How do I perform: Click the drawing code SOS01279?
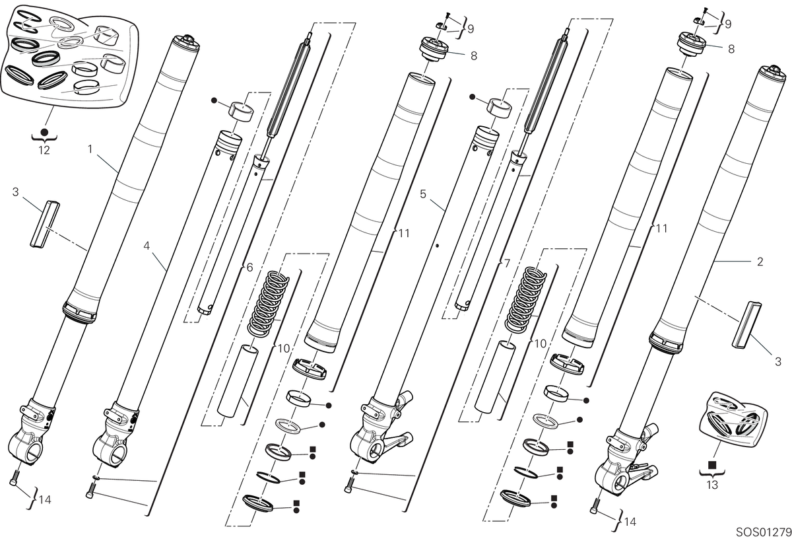coord(764,532)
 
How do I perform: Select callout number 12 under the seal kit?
coord(44,150)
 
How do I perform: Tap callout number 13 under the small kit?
coord(712,484)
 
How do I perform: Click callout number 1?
coord(90,149)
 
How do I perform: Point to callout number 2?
coord(760,262)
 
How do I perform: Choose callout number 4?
coord(147,245)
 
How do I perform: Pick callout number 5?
coord(423,194)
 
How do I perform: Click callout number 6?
coord(249,268)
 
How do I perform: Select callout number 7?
coord(507,263)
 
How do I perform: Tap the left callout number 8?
coord(474,55)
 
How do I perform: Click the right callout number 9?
coord(728,24)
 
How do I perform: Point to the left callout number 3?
coord(15,192)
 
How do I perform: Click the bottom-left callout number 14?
coord(45,500)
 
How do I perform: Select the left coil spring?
coord(269,304)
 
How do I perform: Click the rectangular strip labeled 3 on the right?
coord(746,324)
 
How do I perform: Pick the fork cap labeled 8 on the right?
coord(691,44)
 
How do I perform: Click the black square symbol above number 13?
coord(712,464)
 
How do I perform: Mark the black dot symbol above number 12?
coord(44,132)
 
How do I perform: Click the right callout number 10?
coord(541,343)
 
